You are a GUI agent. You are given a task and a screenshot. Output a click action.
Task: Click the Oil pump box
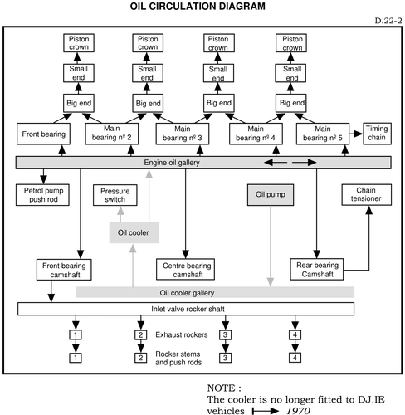(271, 195)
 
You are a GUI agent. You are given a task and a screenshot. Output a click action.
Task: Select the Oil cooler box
(134, 232)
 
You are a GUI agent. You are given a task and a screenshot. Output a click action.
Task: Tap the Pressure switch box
(115, 195)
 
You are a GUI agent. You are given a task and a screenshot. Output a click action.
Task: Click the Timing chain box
(377, 134)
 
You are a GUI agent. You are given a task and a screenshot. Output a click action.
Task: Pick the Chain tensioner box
(367, 194)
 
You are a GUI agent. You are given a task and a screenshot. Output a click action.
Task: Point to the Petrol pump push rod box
(42, 195)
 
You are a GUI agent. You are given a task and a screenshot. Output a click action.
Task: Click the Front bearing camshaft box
(64, 270)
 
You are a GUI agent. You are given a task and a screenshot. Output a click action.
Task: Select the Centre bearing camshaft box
(185, 270)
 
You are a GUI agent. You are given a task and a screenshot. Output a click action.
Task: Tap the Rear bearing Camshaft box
(317, 270)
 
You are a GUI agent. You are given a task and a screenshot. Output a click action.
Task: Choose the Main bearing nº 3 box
(183, 134)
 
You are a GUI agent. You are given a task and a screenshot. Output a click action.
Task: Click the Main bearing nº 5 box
(323, 134)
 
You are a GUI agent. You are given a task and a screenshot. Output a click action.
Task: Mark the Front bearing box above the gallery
(43, 134)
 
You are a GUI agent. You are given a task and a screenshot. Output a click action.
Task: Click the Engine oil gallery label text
(172, 163)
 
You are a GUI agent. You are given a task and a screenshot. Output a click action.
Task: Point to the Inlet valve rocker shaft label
(188, 309)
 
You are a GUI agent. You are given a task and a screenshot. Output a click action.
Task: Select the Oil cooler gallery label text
(187, 293)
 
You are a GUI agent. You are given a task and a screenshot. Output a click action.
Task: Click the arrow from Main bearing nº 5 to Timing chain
(356, 134)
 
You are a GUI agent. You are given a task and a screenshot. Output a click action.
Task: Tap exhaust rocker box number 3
(225, 334)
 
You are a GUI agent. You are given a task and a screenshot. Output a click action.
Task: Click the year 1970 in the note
(298, 411)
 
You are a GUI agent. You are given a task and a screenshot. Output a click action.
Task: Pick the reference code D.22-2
(388, 21)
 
